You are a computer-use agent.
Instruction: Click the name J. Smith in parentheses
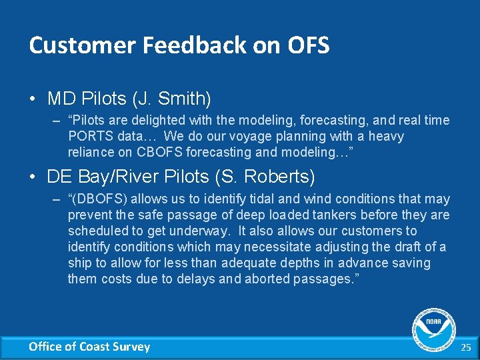tap(172, 99)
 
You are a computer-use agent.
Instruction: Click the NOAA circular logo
tap(434, 329)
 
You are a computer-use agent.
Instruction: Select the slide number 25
tap(465, 347)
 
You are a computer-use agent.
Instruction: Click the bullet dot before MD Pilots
tap(33, 100)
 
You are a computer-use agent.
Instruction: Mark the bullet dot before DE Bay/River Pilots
tap(33, 177)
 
